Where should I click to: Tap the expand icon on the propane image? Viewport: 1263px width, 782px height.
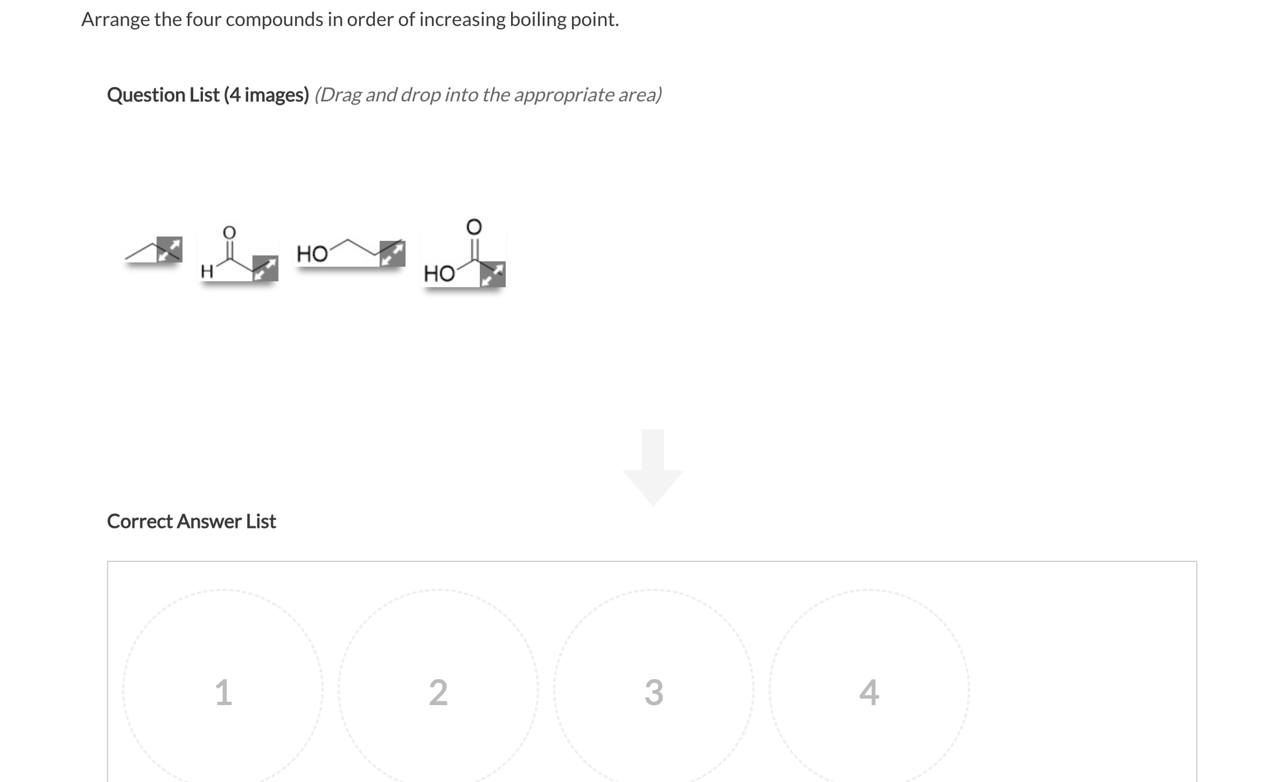pyautogui.click(x=169, y=249)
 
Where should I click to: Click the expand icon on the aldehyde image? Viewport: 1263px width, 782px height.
pyautogui.click(x=265, y=268)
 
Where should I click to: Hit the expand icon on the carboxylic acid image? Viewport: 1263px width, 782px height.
pyautogui.click(x=492, y=274)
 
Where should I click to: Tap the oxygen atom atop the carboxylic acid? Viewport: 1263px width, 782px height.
pyautogui.click(x=474, y=226)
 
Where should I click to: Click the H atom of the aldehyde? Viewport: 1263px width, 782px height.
pyautogui.click(x=207, y=271)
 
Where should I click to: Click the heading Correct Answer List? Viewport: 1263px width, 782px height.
pyautogui.click(x=191, y=521)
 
